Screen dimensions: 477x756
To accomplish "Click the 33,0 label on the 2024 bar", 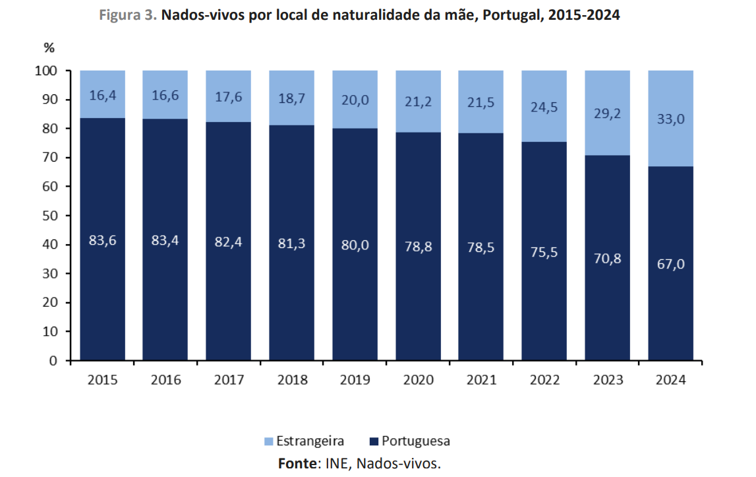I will click(x=670, y=120).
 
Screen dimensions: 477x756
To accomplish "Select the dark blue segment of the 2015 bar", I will click(x=102, y=297).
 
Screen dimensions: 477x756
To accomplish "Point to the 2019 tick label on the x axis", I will click(x=355, y=380).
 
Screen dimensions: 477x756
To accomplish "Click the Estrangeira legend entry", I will click(x=303, y=441).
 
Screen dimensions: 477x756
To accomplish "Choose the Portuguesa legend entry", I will click(x=410, y=441).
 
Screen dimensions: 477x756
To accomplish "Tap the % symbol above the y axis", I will click(x=49, y=48).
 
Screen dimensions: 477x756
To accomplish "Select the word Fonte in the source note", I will click(x=297, y=463).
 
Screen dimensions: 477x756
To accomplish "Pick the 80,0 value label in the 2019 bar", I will click(x=355, y=245).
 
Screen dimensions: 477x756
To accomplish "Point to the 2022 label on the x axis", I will click(x=544, y=380).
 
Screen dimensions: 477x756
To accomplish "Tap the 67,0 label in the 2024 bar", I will click(x=670, y=264).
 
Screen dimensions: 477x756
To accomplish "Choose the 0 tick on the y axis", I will click(x=55, y=361).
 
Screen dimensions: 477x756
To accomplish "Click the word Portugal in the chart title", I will click(x=511, y=15).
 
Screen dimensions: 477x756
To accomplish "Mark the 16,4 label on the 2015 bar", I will click(x=102, y=96).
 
